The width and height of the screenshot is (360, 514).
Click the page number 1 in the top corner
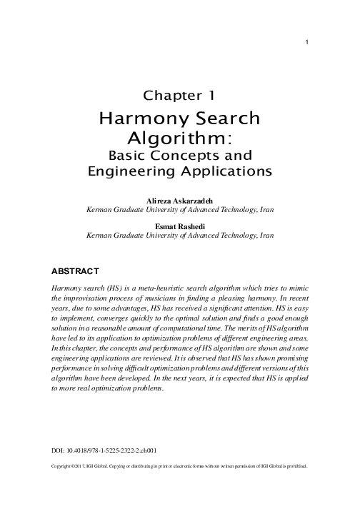306,42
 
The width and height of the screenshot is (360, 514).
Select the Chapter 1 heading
179,94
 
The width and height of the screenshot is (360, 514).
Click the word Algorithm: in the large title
179,136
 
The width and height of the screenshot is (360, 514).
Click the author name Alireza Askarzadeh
179,202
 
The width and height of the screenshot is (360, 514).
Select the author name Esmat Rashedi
179,226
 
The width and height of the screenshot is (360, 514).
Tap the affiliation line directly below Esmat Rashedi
179,235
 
